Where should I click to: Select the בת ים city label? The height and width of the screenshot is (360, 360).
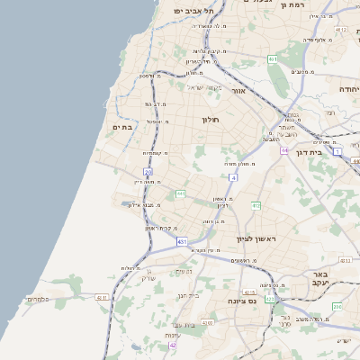[x=121, y=127]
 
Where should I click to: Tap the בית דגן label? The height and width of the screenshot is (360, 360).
[x=310, y=152]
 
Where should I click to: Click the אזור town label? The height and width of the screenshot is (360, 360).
[x=238, y=91]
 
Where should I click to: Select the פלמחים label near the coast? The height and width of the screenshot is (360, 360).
[x=38, y=298]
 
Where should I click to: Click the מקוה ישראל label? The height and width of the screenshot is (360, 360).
[x=203, y=87]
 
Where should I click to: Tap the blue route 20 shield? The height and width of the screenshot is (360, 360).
[x=148, y=171]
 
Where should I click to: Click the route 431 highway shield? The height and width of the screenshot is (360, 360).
[x=182, y=242]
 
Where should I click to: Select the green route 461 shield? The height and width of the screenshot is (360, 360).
[x=272, y=59]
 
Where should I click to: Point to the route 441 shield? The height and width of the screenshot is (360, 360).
[x=181, y=193]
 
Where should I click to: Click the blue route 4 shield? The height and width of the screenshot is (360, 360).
[x=233, y=178]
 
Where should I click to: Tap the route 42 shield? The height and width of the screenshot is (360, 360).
[x=173, y=345]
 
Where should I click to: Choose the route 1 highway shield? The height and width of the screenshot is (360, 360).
[x=337, y=152]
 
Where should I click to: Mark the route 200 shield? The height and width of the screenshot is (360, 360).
[x=337, y=307]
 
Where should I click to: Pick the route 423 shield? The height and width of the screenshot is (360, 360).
[x=271, y=298]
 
